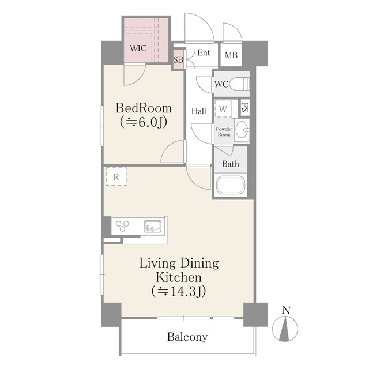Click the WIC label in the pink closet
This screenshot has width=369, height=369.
[x=138, y=48]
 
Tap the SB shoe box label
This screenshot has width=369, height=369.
[x=178, y=60]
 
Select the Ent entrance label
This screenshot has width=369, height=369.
[x=204, y=52]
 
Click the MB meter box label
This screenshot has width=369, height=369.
[x=231, y=55]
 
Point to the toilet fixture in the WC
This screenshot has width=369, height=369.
[x=239, y=84]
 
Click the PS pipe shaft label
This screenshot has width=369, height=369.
[x=244, y=108]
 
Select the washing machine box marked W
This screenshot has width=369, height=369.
[x=223, y=109]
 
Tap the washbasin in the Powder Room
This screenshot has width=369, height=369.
[x=242, y=130]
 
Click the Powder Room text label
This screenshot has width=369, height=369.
[x=224, y=132]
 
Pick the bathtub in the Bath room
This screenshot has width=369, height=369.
[x=231, y=184]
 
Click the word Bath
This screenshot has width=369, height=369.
[x=231, y=164]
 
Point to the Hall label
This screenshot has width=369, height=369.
[x=198, y=111]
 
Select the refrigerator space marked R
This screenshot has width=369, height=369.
[x=116, y=176]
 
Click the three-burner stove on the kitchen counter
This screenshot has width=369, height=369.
[x=122, y=225]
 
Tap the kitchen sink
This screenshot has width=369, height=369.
[x=152, y=226]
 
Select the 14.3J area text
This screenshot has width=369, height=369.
[x=179, y=291]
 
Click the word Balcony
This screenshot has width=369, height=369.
[x=187, y=337]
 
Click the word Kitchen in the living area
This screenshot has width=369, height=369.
[x=179, y=277]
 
